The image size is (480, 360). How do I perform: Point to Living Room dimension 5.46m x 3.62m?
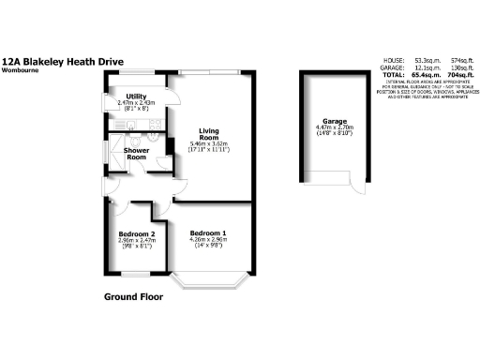209,145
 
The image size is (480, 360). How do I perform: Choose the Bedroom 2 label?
135,233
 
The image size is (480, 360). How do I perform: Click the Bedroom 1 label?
208,232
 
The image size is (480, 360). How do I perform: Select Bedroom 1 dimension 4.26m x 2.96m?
208,240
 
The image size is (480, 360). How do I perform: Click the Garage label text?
335,121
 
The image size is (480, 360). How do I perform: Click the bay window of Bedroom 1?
209,282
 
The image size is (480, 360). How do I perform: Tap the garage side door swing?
357,184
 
